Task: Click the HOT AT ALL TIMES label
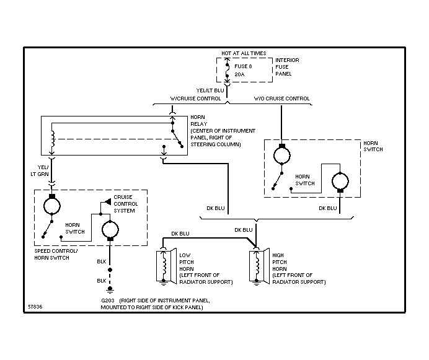pos(244,53)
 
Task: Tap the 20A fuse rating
pos(239,74)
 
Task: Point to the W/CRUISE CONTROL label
pos(196,99)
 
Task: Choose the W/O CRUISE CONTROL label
pos(281,99)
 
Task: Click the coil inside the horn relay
pos(53,139)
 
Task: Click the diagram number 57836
pos(36,306)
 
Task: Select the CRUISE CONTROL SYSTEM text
pos(126,203)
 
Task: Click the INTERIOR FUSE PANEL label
pos(287,67)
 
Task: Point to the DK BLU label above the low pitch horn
pos(180,234)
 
